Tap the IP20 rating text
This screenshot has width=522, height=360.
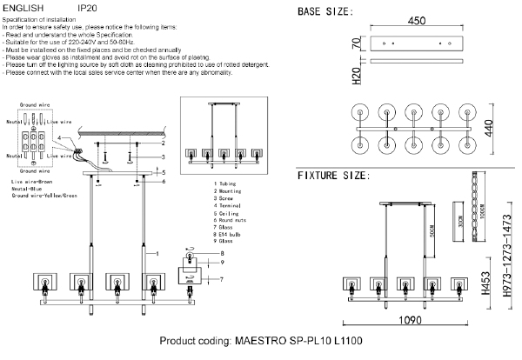click(87, 7)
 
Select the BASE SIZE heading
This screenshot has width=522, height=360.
click(325, 12)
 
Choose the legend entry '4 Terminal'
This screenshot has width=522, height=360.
click(229, 206)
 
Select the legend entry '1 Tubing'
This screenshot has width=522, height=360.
click(226, 185)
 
